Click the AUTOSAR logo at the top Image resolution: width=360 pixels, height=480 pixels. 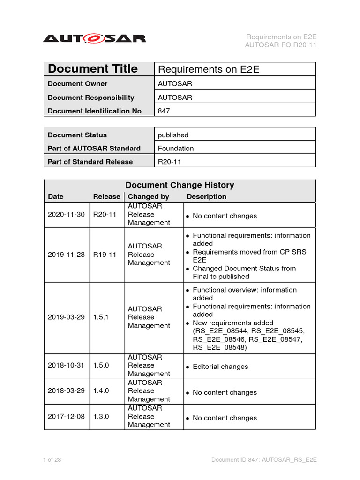(94, 38)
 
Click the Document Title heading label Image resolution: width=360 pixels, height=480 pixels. (93, 69)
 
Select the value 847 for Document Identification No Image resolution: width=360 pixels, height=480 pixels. (164, 111)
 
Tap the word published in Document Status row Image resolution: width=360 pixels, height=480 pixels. (173, 135)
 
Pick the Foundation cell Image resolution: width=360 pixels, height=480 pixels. (176, 148)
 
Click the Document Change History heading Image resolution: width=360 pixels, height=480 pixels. (180, 185)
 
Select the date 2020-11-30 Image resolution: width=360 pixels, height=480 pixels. (66, 215)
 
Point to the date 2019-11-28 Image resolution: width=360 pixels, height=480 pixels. (66, 255)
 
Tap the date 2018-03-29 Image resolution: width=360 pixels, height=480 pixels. (66, 391)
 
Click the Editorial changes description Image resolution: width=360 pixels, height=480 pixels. (220, 367)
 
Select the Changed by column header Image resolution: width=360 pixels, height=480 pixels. (149, 197)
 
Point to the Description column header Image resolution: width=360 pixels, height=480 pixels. (206, 197)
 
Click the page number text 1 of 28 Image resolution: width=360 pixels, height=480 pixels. (52, 460)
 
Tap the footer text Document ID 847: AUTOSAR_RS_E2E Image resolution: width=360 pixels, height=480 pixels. (264, 460)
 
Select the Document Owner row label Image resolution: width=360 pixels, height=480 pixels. (77, 84)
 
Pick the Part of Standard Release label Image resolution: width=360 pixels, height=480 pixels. (90, 162)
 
